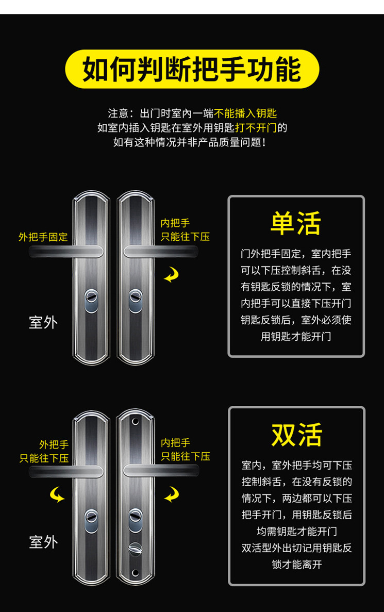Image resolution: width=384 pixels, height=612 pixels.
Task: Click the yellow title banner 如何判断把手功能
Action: click(192, 69)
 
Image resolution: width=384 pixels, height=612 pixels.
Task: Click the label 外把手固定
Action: click(43, 237)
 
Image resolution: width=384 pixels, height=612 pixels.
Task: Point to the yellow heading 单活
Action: click(296, 223)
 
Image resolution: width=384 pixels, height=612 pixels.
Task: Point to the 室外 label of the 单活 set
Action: click(43, 323)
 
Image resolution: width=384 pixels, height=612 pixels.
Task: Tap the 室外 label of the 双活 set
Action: click(43, 542)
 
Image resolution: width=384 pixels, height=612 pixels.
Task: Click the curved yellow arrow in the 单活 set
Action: click(171, 276)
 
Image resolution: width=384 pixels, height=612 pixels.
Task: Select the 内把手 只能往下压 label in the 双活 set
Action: click(186, 450)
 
